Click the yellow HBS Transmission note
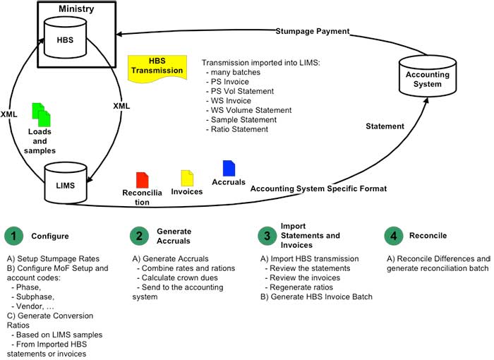click(157, 66)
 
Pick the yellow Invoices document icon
click(187, 177)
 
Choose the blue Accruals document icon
click(229, 168)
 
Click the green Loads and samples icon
click(42, 114)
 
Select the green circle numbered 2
click(140, 236)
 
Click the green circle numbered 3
click(267, 236)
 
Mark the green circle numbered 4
click(394, 236)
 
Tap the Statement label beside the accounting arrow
click(385, 126)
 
